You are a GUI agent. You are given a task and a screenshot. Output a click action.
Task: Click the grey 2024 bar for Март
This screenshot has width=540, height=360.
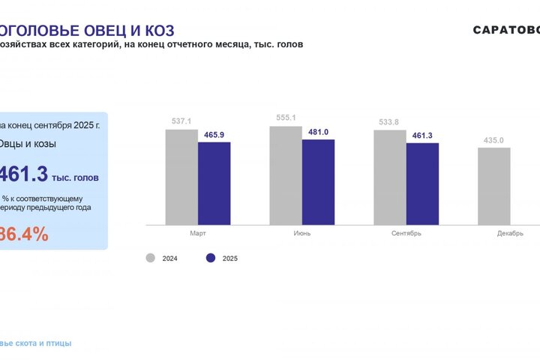point(181,177)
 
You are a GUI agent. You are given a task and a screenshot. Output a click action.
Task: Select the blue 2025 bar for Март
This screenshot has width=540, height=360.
point(214,183)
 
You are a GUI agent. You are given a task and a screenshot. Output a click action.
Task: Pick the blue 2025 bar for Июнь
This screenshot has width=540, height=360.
point(318,181)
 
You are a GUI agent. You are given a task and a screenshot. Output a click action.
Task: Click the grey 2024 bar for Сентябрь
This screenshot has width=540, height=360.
point(390,177)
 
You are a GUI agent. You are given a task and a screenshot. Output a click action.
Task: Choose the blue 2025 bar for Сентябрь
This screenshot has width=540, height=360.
point(422,184)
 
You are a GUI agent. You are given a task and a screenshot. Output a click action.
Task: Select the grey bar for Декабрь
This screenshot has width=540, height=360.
point(494,186)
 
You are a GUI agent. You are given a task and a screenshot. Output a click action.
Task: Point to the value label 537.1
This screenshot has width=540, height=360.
point(181,121)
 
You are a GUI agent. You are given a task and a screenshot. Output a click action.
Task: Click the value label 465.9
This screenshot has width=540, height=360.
point(214,135)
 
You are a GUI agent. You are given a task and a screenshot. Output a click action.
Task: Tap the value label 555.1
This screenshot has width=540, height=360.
point(286,118)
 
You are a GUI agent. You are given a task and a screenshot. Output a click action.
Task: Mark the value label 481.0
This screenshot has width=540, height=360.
point(318,132)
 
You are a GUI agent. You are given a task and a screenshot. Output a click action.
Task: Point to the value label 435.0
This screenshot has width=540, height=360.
point(493,140)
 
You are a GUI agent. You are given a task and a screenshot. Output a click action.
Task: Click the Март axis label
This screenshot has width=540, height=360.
point(198,233)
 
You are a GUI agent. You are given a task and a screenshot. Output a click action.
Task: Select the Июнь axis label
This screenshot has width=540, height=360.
point(302,233)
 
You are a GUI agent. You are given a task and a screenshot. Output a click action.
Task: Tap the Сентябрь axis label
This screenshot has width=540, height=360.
point(406,233)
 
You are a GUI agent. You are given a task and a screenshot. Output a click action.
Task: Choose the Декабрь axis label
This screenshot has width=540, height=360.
point(510,233)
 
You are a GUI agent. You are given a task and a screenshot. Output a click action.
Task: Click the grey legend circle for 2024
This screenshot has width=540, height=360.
point(150,258)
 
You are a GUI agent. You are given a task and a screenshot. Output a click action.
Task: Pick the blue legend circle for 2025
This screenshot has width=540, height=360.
point(211,258)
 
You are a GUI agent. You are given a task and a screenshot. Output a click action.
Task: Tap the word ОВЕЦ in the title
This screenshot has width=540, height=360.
point(105,31)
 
